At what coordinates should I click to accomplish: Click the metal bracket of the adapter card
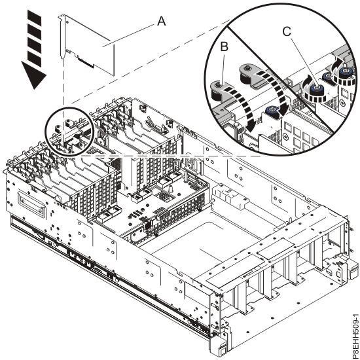(63, 39)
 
